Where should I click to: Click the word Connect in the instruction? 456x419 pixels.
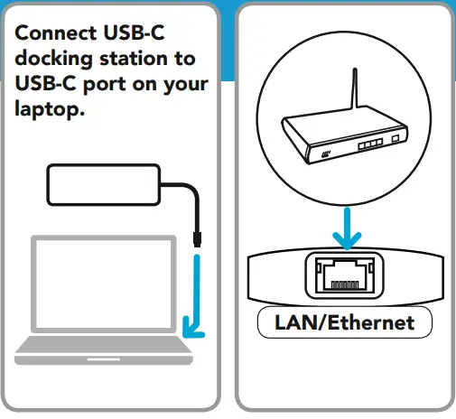click(51, 33)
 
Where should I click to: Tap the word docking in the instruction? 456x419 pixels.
click(53, 61)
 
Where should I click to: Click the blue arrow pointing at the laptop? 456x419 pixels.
click(193, 298)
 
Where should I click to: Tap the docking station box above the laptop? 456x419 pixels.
click(102, 186)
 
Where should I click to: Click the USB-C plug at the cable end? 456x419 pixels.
click(197, 239)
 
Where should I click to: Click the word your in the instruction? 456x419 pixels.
click(182, 86)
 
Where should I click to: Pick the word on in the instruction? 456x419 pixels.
click(146, 86)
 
